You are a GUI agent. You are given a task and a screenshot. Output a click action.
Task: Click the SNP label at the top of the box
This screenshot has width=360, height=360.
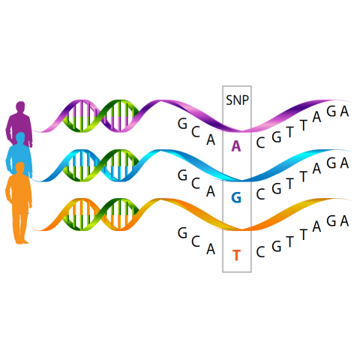[237, 100]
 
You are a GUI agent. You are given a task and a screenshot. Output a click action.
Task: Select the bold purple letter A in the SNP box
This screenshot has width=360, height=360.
[236, 146]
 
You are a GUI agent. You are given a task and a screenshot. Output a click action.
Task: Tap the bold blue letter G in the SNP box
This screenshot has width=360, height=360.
[236, 198]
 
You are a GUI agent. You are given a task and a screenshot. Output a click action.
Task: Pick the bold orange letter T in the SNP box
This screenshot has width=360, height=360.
[236, 255]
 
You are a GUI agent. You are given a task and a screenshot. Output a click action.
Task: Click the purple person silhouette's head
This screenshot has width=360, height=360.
[20, 106]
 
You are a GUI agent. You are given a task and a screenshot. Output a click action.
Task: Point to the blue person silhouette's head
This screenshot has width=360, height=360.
[20, 137]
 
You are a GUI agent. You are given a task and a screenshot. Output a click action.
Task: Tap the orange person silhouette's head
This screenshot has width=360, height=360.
[20, 167]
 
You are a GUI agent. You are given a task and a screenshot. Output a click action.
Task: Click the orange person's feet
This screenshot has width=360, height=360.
[22, 241]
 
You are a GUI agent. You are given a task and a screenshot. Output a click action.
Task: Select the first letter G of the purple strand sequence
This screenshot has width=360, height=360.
[182, 124]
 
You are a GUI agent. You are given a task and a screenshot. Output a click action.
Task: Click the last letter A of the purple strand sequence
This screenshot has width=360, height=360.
[344, 111]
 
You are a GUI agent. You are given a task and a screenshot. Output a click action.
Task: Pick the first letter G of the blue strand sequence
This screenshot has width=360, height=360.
[182, 175]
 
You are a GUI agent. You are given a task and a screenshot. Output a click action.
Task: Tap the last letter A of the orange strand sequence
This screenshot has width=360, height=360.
[344, 221]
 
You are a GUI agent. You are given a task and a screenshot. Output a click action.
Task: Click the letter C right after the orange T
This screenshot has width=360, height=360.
[260, 252]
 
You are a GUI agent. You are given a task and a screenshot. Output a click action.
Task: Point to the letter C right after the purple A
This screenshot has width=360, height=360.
[260, 143]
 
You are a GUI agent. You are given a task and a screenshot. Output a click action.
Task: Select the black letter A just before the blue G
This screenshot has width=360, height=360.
[211, 192]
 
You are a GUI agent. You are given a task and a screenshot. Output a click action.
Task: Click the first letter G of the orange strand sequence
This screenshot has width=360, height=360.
[182, 233]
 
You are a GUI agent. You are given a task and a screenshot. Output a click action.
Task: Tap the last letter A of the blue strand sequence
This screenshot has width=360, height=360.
[344, 163]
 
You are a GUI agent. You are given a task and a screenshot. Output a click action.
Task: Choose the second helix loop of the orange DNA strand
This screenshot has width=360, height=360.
[120, 214]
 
